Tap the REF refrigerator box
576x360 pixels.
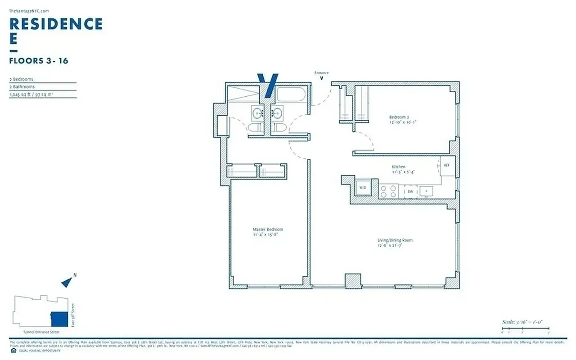(x=447, y=165)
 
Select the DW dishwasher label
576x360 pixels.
(x=410, y=192)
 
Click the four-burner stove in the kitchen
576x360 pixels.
(x=388, y=192)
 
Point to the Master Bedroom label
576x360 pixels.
(x=268, y=229)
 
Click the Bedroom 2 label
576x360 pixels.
(x=399, y=117)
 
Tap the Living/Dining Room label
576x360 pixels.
(x=395, y=240)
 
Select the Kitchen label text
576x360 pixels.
(x=399, y=166)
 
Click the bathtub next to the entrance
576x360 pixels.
(x=290, y=94)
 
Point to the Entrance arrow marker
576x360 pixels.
(x=321, y=78)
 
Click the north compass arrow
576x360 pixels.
(x=67, y=282)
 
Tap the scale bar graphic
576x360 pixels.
(x=526, y=332)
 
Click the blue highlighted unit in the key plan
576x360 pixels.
(x=59, y=319)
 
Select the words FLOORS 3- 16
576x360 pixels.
(x=39, y=61)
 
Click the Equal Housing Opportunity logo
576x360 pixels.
(x=12, y=350)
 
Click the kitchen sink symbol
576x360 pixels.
(x=426, y=191)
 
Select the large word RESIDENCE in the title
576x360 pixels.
(x=56, y=24)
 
